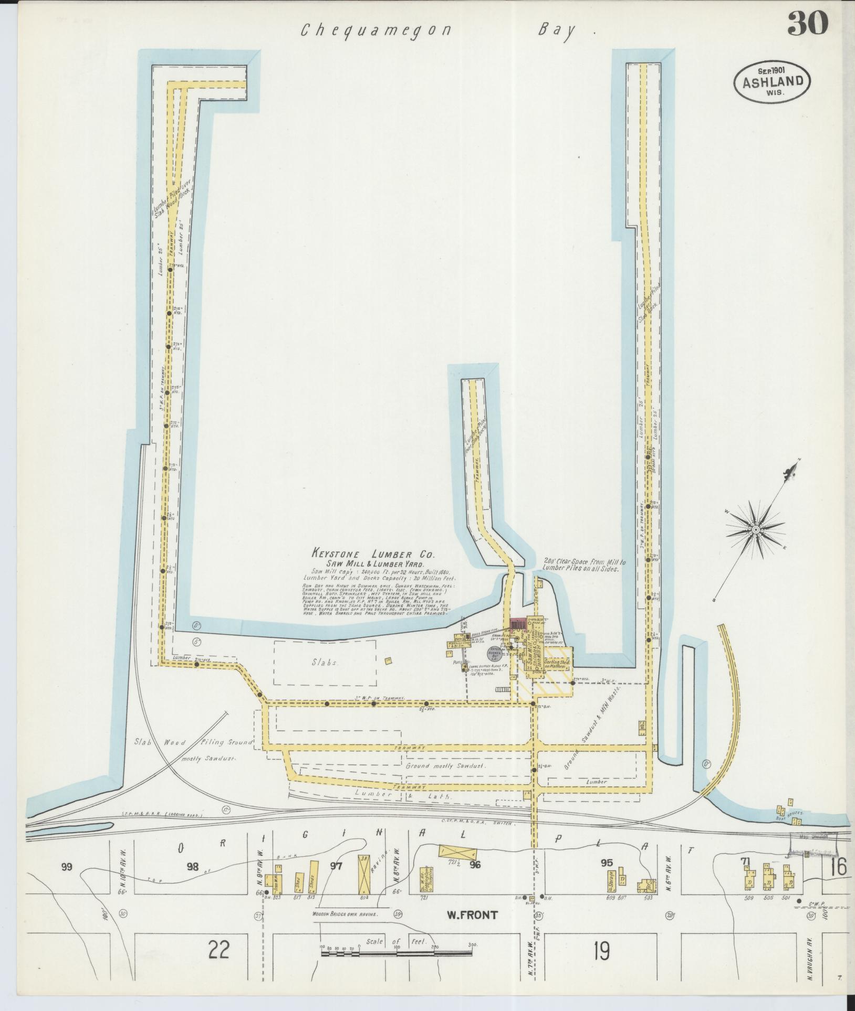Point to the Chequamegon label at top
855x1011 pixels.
click(x=376, y=30)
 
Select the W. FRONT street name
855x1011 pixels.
click(x=472, y=915)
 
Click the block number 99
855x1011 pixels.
click(x=66, y=866)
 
